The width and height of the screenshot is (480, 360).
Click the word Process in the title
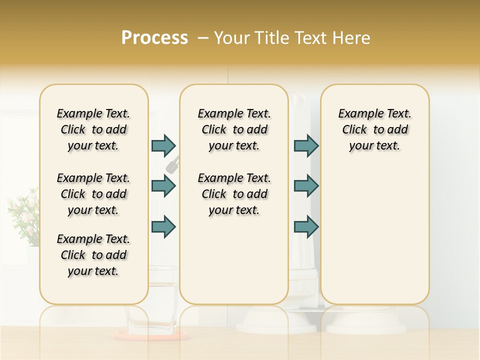click(x=154, y=38)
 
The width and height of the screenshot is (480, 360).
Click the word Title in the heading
click(x=270, y=38)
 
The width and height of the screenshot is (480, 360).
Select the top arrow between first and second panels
click(x=163, y=145)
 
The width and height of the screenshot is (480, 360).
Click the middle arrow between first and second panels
click(x=163, y=186)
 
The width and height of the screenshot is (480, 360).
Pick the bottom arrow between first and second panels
click(x=163, y=226)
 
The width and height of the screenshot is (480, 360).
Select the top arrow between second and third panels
click(x=306, y=145)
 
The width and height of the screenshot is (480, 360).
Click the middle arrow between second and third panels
click(x=306, y=186)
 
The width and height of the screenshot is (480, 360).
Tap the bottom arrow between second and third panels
click(x=306, y=226)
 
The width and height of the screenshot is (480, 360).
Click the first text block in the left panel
click(x=93, y=129)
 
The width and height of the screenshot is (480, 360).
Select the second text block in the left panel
click(x=93, y=194)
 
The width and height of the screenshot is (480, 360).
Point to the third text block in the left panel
click(x=93, y=255)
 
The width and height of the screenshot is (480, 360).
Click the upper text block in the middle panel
click(x=234, y=129)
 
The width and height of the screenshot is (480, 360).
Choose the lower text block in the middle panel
click(x=234, y=194)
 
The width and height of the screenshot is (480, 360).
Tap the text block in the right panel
click(x=374, y=129)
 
